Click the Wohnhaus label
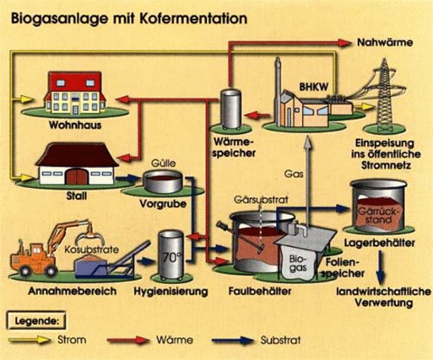click(75, 125)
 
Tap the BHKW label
click(314, 87)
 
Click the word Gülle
click(163, 163)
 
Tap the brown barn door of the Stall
click(77, 177)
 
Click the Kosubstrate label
click(92, 250)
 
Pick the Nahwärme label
click(385, 43)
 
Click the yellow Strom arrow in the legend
click(29, 340)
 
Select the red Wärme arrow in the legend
click(128, 340)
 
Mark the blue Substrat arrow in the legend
click(232, 340)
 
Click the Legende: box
click(36, 321)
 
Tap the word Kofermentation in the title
click(194, 19)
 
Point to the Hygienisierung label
click(171, 292)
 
